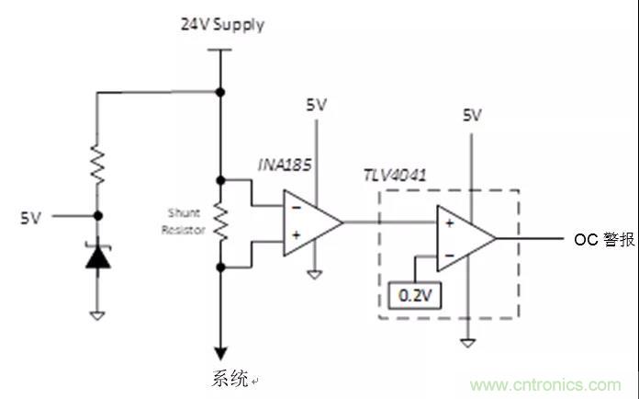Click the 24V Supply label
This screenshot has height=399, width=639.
click(x=221, y=25)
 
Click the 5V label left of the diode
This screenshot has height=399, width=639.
click(x=31, y=218)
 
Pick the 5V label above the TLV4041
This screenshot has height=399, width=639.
click(x=471, y=116)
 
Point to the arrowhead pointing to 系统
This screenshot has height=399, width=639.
click(x=220, y=353)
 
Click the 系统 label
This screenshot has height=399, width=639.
click(x=229, y=379)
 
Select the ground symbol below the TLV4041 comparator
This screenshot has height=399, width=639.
click(x=468, y=341)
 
